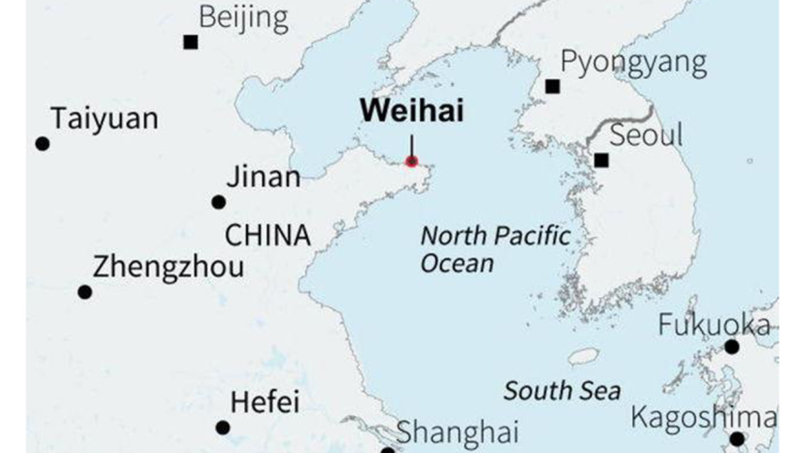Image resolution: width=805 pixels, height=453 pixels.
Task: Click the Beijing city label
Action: pyautogui.click(x=243, y=17)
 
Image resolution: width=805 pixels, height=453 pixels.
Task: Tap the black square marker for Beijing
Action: pyautogui.click(x=191, y=41)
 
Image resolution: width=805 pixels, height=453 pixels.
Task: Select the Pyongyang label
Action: pyautogui.click(x=633, y=63)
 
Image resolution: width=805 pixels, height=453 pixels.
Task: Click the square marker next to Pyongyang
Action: pyautogui.click(x=552, y=86)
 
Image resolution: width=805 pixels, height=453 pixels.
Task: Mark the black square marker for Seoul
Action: pyautogui.click(x=601, y=161)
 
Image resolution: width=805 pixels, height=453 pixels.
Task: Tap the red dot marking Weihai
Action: pyautogui.click(x=411, y=162)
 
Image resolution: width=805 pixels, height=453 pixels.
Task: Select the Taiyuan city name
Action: pyautogui.click(x=104, y=119)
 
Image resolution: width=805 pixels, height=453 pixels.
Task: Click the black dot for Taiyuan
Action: pyautogui.click(x=42, y=144)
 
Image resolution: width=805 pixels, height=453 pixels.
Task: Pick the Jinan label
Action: pyautogui.click(x=264, y=178)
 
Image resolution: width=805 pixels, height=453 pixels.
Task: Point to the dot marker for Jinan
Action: pyautogui.click(x=219, y=202)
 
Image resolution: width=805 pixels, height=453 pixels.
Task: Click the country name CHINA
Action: pyautogui.click(x=268, y=234)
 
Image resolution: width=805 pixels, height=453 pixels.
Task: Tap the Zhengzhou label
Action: pyautogui.click(x=168, y=267)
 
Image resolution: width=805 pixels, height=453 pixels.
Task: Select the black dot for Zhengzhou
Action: pyautogui.click(x=85, y=292)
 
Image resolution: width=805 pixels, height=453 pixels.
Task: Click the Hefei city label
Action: pyautogui.click(x=265, y=403)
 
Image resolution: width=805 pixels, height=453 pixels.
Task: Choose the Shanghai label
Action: pyautogui.click(x=457, y=432)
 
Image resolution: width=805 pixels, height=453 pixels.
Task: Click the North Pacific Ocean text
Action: pyautogui.click(x=494, y=248)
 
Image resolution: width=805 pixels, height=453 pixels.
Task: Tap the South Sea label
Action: pyautogui.click(x=562, y=390)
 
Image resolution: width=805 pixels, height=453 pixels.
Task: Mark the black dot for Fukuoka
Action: pyautogui.click(x=732, y=347)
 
